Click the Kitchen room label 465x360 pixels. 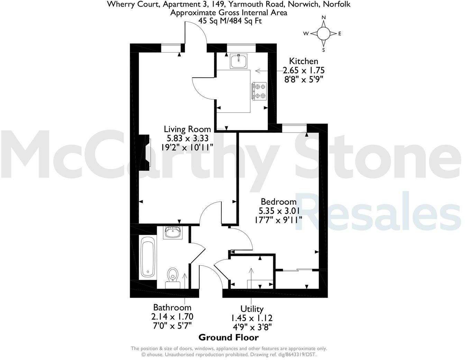tap(303, 61)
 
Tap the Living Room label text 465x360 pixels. tap(187, 129)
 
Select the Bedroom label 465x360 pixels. tap(279, 201)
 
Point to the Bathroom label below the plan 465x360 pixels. tap(172, 307)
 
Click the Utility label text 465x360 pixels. tap(252, 309)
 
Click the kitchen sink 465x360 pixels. tap(239, 61)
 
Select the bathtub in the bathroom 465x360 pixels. tap(148, 256)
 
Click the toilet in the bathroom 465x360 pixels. tap(173, 277)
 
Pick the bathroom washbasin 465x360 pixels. tap(173, 232)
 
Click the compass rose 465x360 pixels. tap(323, 34)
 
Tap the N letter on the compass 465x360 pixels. tap(324, 18)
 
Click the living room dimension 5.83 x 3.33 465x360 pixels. tap(188, 138)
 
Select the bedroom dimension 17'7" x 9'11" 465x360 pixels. tap(280, 219)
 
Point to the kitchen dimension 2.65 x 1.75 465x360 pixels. tap(303, 70)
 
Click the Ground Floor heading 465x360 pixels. tap(228, 337)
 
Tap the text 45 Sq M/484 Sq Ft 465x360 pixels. tap(230, 21)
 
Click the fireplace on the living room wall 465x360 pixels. tap(147, 152)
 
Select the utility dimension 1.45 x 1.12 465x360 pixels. tap(252, 317)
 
